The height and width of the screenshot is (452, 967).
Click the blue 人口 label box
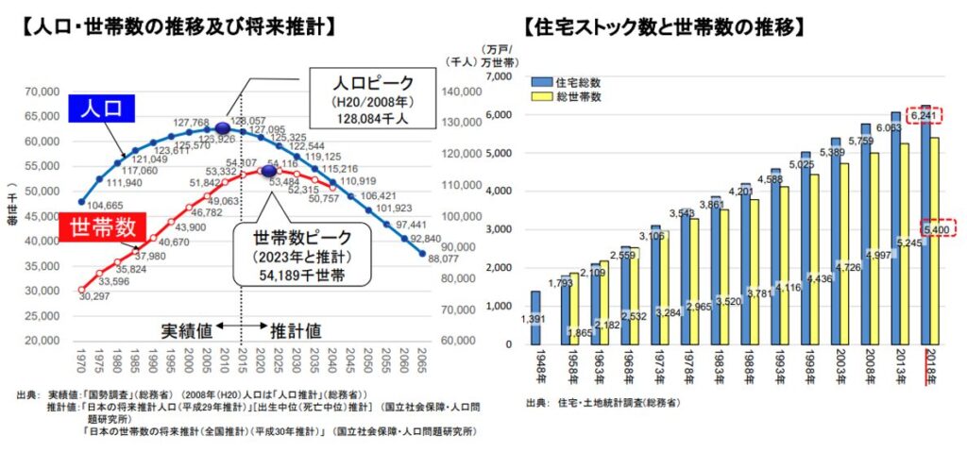tap(102, 108)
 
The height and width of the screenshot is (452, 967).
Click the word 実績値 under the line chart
tap(186, 331)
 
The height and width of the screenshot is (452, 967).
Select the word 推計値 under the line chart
tap(296, 331)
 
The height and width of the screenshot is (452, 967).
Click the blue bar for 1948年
tap(535, 317)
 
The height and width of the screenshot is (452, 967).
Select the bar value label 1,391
tap(535, 321)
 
